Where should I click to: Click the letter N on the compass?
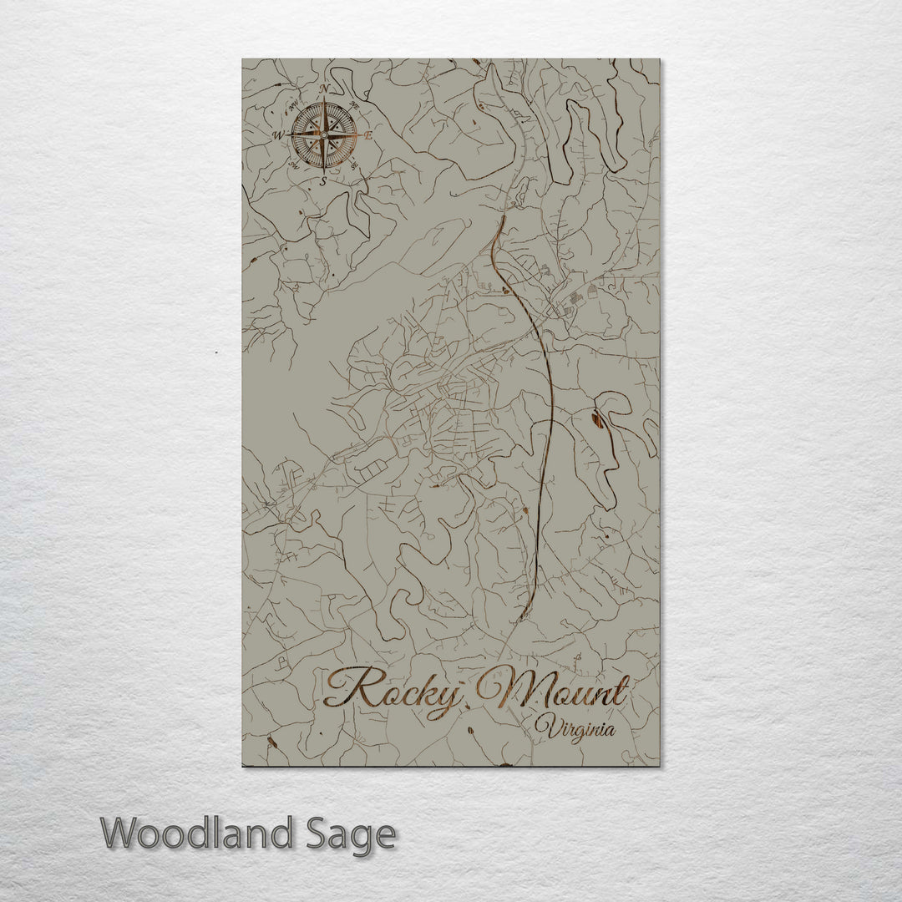324,89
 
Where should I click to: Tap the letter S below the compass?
323,180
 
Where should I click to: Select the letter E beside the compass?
368,135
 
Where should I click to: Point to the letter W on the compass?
277,134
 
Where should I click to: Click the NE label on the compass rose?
354,105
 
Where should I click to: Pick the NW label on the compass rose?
294,105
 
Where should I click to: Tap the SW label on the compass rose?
294,165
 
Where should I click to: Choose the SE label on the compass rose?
354,165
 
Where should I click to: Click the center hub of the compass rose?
323,134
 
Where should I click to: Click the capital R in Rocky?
343,688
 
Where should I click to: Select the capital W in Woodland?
120,834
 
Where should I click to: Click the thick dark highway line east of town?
550,401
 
